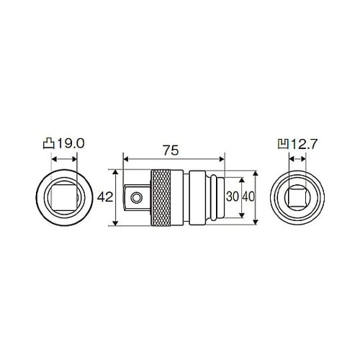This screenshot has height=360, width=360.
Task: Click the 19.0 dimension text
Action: coord(71,143)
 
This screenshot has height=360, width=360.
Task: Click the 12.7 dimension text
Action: coord(305,145)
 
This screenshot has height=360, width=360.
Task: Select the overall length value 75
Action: coord(171,150)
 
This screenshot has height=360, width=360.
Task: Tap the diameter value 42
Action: coord(105,197)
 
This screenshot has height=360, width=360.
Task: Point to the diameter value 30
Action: coord(233,197)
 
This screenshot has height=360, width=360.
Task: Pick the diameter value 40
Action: coord(248,197)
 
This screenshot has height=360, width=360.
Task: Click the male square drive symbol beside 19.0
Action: coord(49,143)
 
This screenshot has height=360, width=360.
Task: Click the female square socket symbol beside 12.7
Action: coord(284,144)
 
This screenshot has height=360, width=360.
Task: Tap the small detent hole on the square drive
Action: coord(136,198)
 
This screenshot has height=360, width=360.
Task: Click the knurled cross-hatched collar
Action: coord(161,197)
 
